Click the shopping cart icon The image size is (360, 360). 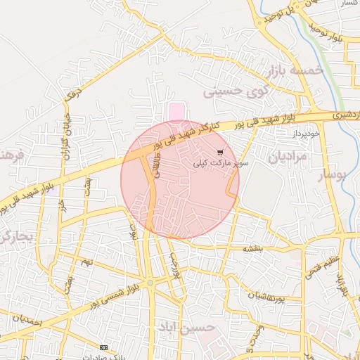point(221,152)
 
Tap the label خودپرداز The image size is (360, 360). point(303,133)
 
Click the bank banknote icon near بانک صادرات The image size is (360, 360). point(104,347)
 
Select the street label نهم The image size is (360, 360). point(86,262)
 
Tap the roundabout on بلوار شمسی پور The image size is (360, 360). point(150,283)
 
